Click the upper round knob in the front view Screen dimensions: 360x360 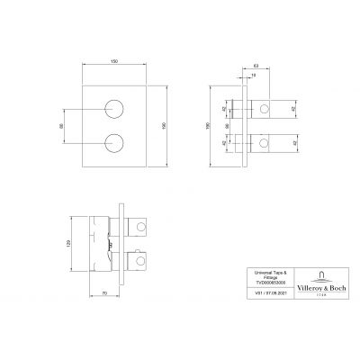pos(113,111)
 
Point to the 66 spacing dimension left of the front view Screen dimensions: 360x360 pos(61,126)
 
